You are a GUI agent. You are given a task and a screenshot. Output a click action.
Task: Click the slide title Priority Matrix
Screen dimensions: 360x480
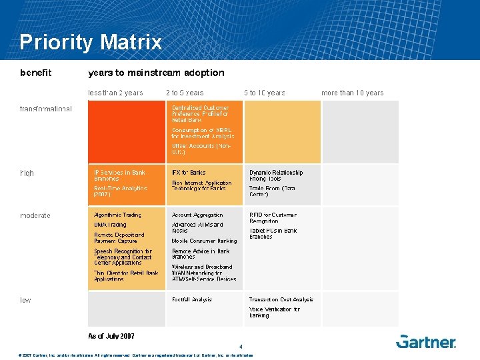(x=91, y=43)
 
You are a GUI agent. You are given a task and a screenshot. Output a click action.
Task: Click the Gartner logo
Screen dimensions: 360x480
(x=426, y=341)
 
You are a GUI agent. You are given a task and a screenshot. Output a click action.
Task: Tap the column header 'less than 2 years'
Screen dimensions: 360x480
(x=115, y=93)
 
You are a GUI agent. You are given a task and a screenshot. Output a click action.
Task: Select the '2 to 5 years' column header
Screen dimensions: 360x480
(x=185, y=93)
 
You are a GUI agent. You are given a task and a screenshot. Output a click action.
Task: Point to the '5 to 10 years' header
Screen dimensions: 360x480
(x=264, y=93)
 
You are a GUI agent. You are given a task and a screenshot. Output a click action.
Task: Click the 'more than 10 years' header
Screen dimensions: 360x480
(x=352, y=93)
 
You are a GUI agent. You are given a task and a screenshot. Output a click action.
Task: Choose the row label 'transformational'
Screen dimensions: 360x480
(x=46, y=109)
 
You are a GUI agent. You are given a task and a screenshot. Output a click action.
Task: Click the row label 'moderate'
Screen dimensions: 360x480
(x=35, y=215)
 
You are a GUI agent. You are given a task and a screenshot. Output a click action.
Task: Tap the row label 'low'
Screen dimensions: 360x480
(x=25, y=300)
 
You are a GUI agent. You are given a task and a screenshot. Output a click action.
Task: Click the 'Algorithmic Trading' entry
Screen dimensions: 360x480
(x=117, y=215)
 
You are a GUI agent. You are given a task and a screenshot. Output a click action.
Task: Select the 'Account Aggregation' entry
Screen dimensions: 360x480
(x=197, y=215)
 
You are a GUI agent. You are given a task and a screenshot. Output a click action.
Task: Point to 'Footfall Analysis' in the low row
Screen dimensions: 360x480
(x=192, y=299)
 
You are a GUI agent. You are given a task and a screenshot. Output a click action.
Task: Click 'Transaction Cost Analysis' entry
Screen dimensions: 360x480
(x=281, y=299)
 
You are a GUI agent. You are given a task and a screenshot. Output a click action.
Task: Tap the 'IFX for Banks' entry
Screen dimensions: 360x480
(x=189, y=173)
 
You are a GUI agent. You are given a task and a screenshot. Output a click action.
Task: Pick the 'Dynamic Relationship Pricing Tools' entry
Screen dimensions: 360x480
(x=275, y=175)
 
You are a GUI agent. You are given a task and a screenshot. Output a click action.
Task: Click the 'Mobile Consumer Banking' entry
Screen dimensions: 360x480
(x=204, y=241)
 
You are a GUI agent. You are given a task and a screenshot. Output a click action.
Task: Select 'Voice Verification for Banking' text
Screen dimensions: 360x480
(x=274, y=312)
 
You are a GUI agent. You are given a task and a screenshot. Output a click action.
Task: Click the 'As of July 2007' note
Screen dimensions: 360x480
(x=111, y=335)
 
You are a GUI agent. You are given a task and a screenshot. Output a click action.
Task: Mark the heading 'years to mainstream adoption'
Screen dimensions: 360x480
(x=156, y=72)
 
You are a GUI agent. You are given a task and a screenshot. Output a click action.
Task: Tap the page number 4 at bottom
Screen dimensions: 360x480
(x=241, y=346)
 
